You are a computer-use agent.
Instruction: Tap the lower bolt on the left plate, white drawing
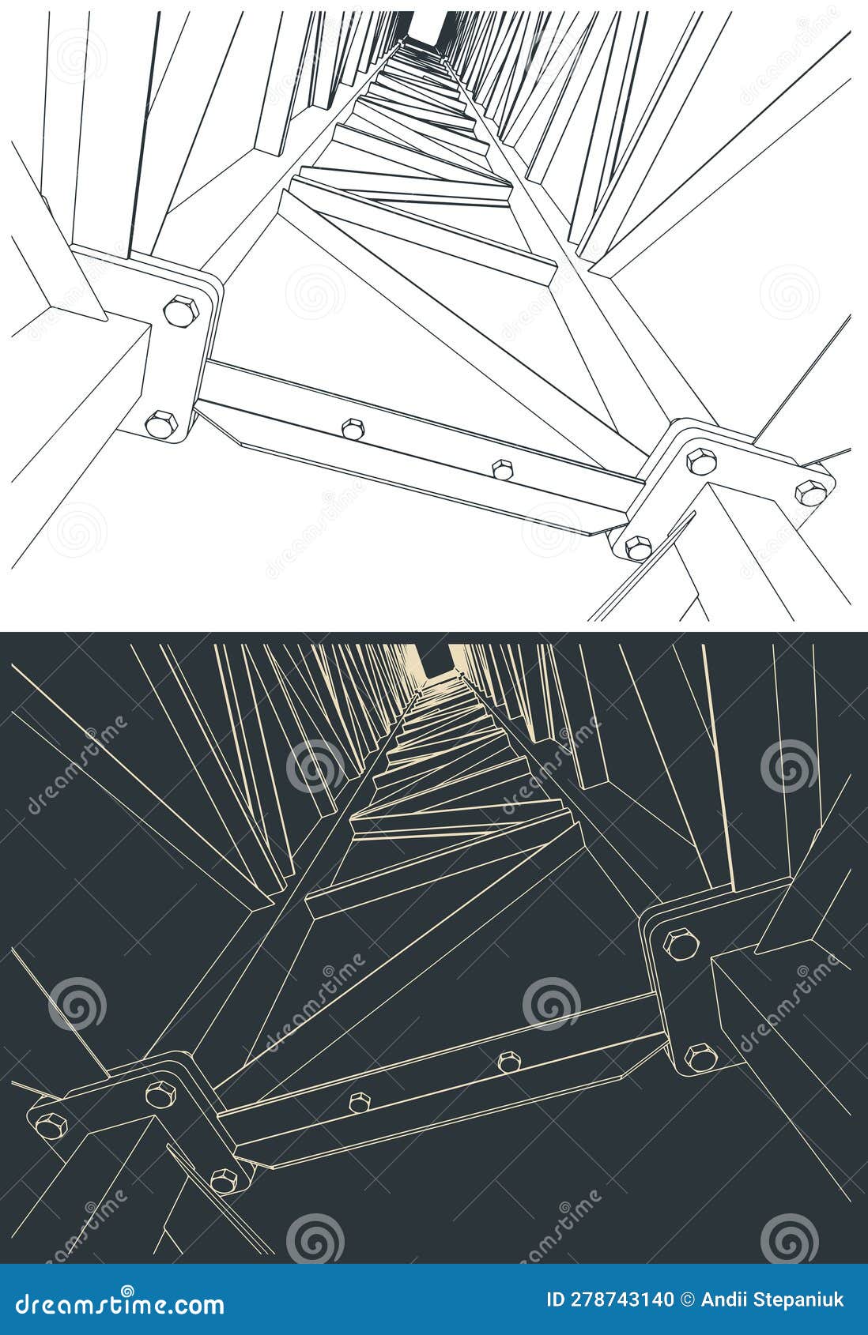point(162,423)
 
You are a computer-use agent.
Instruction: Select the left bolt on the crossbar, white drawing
point(353,428)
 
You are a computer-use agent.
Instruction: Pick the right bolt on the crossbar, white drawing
point(503,469)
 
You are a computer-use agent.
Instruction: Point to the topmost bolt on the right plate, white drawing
point(701,461)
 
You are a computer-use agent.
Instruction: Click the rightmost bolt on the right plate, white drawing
point(811,493)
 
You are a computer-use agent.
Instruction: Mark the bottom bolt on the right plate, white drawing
point(638,546)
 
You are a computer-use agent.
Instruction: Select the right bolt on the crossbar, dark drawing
point(509,1062)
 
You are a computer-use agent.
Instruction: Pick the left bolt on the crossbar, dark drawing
point(359,1104)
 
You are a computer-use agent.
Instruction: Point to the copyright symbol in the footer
point(688,1299)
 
